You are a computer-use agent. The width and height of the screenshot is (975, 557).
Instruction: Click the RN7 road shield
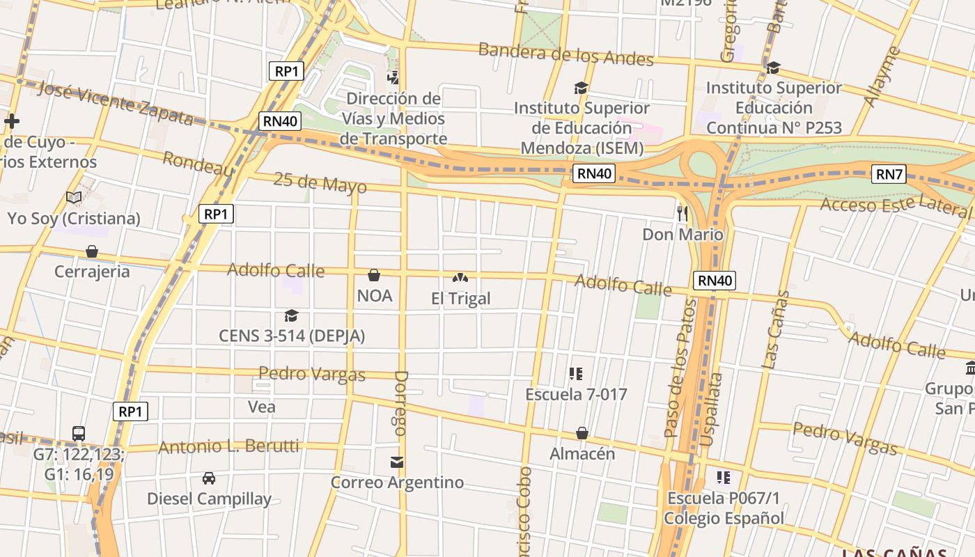pyautogui.click(x=889, y=174)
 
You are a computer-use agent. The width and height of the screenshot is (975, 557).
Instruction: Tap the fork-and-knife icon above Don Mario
pyautogui.click(x=682, y=213)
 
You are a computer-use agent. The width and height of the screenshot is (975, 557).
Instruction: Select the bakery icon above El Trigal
pyautogui.click(x=460, y=278)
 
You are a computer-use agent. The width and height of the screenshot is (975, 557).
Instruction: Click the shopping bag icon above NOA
pyautogui.click(x=374, y=276)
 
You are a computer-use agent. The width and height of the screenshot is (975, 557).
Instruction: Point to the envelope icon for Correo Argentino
pyautogui.click(x=397, y=462)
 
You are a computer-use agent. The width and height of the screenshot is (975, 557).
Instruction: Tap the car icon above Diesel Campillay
pyautogui.click(x=208, y=478)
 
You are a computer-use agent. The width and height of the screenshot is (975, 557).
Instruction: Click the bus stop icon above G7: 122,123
pyautogui.click(x=79, y=433)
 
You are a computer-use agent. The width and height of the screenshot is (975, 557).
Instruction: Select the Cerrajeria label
pyautogui.click(x=92, y=272)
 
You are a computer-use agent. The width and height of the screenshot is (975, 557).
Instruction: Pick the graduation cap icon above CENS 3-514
pyautogui.click(x=291, y=316)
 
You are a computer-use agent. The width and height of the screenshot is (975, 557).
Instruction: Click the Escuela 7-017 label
pyautogui.click(x=576, y=395)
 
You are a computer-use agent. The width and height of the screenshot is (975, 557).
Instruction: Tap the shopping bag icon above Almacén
pyautogui.click(x=582, y=434)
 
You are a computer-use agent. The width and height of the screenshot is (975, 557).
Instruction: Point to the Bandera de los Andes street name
pyautogui.click(x=565, y=54)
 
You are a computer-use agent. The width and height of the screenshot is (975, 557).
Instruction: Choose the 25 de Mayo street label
pyautogui.click(x=320, y=183)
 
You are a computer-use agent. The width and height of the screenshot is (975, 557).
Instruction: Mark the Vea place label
pyautogui.click(x=262, y=407)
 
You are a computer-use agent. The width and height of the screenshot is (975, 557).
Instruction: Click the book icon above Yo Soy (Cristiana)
pyautogui.click(x=74, y=197)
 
